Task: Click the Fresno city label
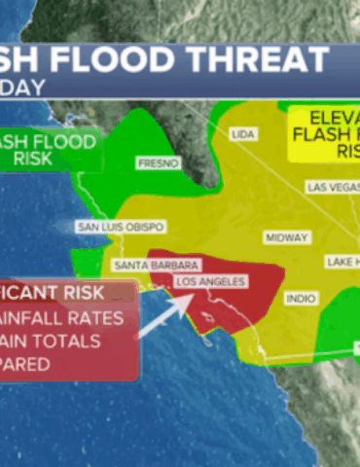coord(158,163)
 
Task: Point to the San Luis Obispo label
coord(115,227)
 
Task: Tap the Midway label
coord(286,237)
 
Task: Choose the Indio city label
coord(301,299)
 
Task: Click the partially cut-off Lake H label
coord(342,262)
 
